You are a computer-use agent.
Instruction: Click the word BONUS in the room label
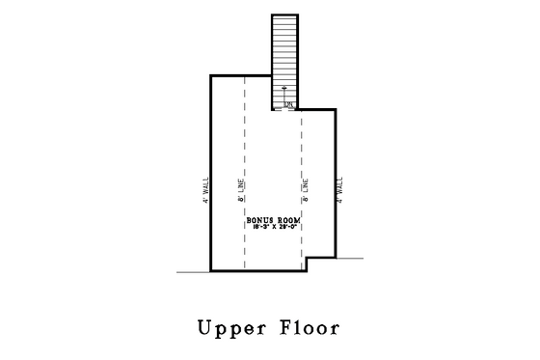258,220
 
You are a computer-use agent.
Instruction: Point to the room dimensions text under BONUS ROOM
273,228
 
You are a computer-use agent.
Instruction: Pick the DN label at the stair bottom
287,103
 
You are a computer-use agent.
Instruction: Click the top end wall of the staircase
286,14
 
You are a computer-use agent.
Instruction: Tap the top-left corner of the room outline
211,74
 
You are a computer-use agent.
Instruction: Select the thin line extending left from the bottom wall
194,271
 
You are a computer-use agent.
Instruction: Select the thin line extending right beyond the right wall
349,257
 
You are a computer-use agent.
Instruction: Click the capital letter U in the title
205,327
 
